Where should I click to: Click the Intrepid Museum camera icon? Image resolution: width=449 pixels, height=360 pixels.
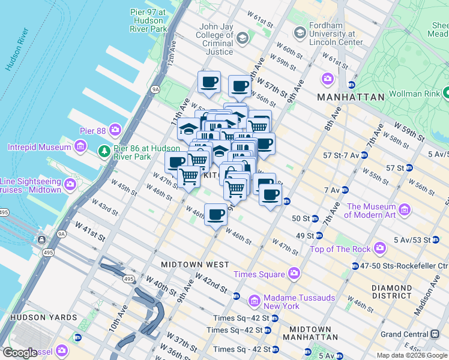tap(80, 147)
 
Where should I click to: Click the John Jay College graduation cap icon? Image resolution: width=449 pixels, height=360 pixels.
tap(242, 39)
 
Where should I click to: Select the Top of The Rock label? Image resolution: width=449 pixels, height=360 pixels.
tap(339, 248)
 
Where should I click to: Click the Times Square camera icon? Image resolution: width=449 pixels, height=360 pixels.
tap(294, 274)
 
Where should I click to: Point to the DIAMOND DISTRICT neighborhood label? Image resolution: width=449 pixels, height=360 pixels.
tap(391, 292)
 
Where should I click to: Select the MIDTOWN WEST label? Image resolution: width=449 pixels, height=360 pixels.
tap(194, 264)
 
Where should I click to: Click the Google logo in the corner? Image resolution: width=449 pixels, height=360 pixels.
tap(20, 352)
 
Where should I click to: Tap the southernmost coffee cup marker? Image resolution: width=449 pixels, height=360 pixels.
tap(215, 215)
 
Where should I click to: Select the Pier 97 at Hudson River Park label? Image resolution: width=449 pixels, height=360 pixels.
tap(148, 20)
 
